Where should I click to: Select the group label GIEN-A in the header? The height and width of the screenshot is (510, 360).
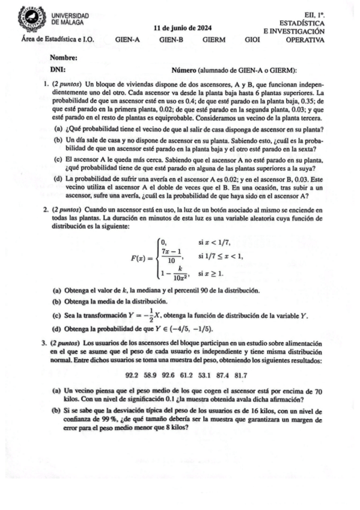(x=127, y=40)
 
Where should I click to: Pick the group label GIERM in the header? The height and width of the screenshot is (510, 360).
(x=215, y=40)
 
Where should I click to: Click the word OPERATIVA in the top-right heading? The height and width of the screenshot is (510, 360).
(x=305, y=40)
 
